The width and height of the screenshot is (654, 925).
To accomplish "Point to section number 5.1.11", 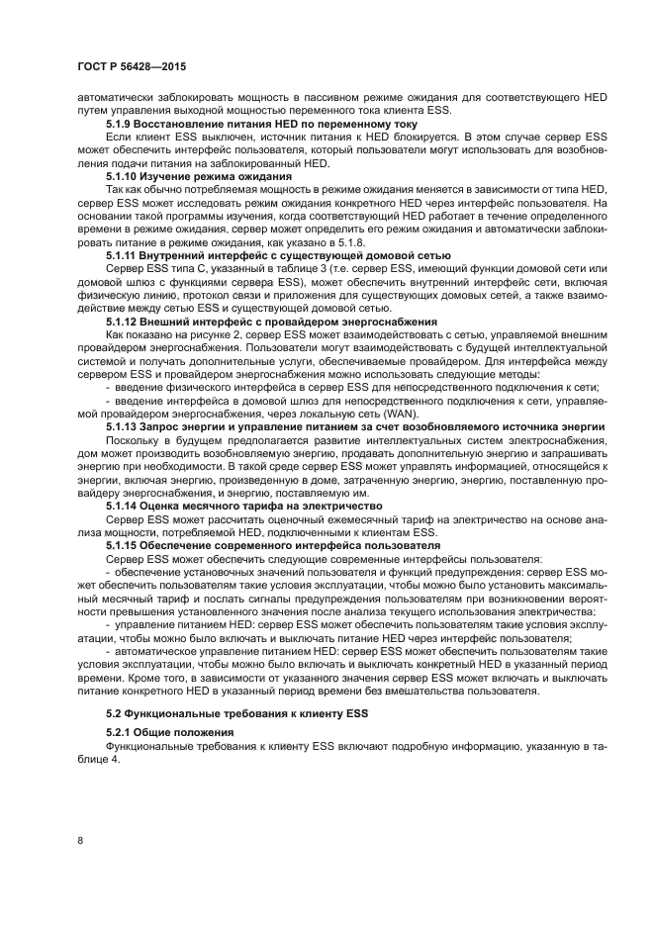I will coord(125,254).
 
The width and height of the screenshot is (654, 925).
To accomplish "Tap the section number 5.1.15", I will coord(125,545).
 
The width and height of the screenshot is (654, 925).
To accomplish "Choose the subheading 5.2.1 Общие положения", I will coord(169,732).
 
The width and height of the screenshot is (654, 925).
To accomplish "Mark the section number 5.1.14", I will coord(125,506).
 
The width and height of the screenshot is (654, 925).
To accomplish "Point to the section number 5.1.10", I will coord(125,174).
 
